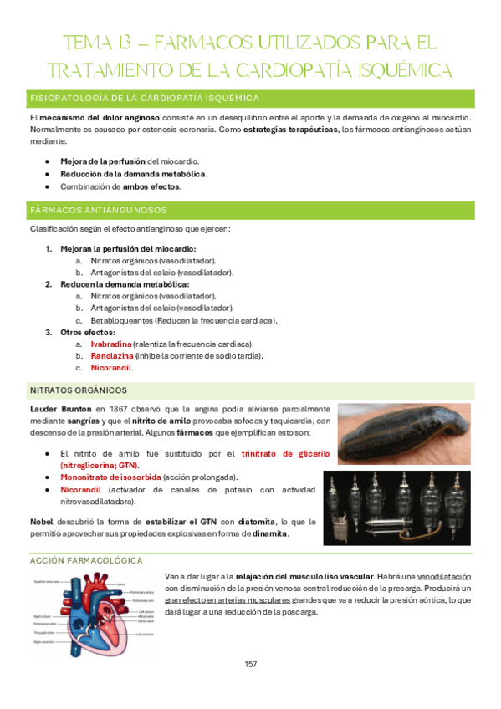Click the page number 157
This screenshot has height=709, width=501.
pos(250,664)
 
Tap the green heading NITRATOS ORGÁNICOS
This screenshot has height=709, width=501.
pos(79,390)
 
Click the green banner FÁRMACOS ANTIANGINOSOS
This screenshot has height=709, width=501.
pos(99,210)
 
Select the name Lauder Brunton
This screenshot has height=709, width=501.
pos(61,408)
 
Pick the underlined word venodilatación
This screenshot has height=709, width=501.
pos(443,577)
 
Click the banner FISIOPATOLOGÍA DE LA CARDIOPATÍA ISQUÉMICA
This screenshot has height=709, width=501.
pos(145,99)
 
